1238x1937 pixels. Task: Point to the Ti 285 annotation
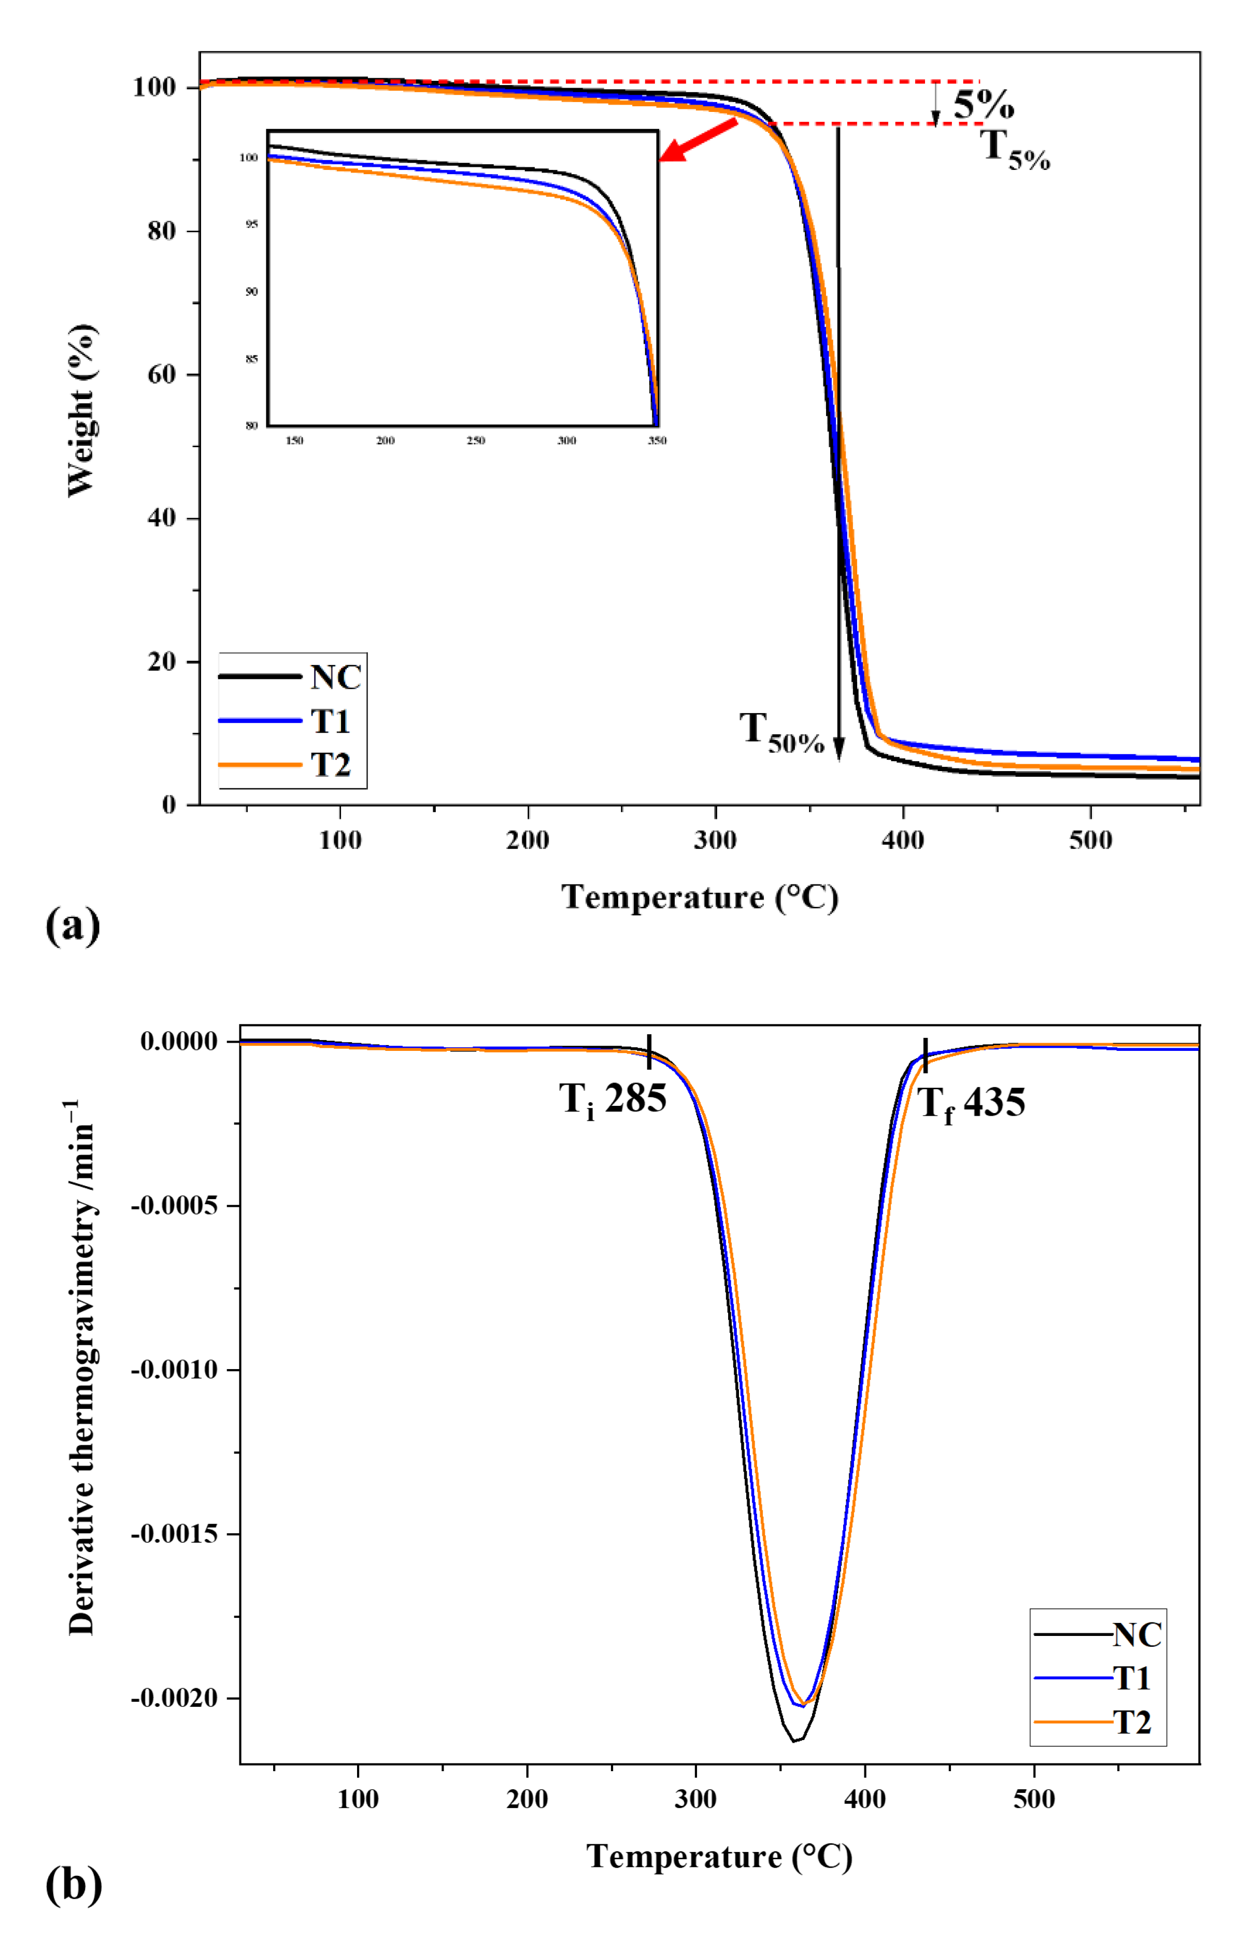613,1099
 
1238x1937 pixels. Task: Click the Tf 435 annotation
971,1103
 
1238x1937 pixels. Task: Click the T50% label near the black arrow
781,733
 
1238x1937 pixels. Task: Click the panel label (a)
73,926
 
